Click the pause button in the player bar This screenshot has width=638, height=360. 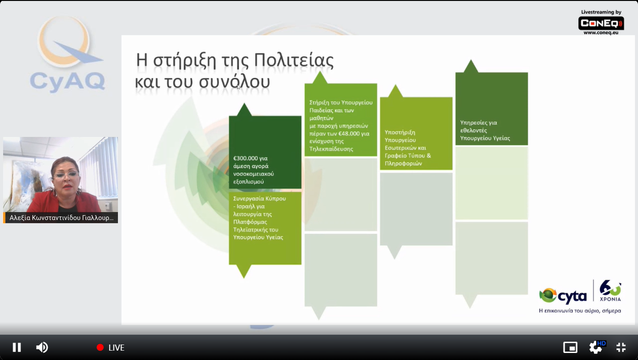tap(17, 347)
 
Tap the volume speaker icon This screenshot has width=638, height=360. tap(42, 347)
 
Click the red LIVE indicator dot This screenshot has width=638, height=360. tap(100, 347)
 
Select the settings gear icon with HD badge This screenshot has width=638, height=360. tap(596, 347)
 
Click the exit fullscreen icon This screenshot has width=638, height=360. tap(621, 347)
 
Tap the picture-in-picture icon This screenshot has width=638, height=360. tap(570, 347)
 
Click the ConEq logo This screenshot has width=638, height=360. tap(601, 23)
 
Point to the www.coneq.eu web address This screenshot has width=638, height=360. tap(601, 33)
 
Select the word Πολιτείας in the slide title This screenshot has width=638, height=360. tap(294, 60)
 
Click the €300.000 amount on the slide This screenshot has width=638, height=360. tap(246, 158)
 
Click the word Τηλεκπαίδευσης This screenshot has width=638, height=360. tap(331, 149)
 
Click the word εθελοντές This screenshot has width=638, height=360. tap(474, 130)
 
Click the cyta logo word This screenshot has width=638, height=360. tap(572, 296)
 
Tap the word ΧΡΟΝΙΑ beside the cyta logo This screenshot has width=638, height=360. tap(610, 299)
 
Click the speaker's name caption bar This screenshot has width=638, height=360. tap(61, 217)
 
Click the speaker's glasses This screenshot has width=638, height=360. tap(66, 174)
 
